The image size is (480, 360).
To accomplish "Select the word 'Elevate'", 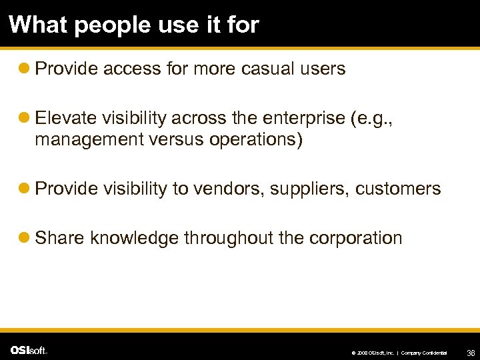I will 65,118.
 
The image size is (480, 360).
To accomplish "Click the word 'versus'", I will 155,141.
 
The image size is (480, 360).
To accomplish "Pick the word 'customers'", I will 398,189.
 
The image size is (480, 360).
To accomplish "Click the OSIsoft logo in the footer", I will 29,350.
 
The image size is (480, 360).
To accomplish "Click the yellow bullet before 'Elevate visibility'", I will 25,119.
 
